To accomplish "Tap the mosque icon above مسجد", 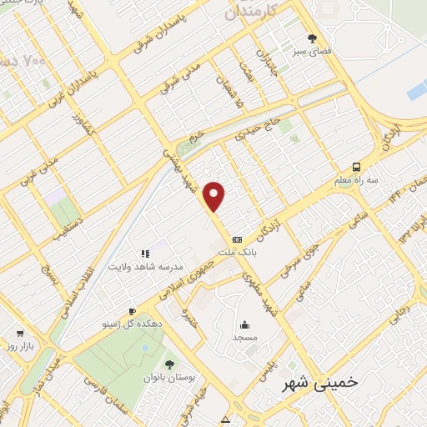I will tap(244, 326).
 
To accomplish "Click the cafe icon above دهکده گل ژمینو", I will tap(132, 310).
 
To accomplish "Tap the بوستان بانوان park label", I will tap(174, 378).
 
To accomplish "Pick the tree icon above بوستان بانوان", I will tap(170, 364).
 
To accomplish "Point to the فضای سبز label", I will tap(312, 51).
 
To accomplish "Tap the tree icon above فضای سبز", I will tap(313, 38).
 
